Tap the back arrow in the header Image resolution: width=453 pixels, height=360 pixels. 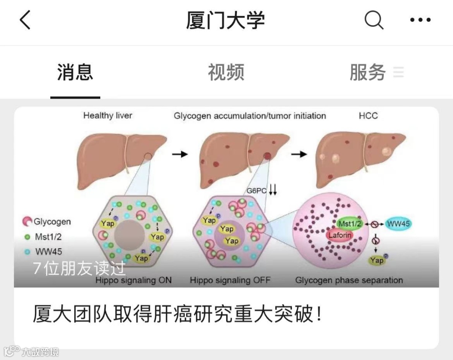[x=25, y=20]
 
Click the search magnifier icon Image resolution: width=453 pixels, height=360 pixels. [x=373, y=20]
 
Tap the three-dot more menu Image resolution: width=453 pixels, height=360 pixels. [x=420, y=20]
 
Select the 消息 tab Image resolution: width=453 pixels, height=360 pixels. [x=75, y=72]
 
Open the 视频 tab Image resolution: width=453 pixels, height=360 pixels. [x=226, y=72]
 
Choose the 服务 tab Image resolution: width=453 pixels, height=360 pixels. [x=368, y=72]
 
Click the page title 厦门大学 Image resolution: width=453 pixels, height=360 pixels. [x=226, y=20]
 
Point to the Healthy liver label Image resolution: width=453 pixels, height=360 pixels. [x=107, y=115]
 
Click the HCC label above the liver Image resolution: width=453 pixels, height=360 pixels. [x=368, y=115]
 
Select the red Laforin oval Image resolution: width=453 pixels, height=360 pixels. [x=340, y=235]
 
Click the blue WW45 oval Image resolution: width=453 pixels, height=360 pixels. [x=398, y=224]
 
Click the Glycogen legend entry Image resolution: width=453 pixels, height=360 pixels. [x=47, y=222]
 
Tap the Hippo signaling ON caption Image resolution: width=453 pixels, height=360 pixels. [x=133, y=280]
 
